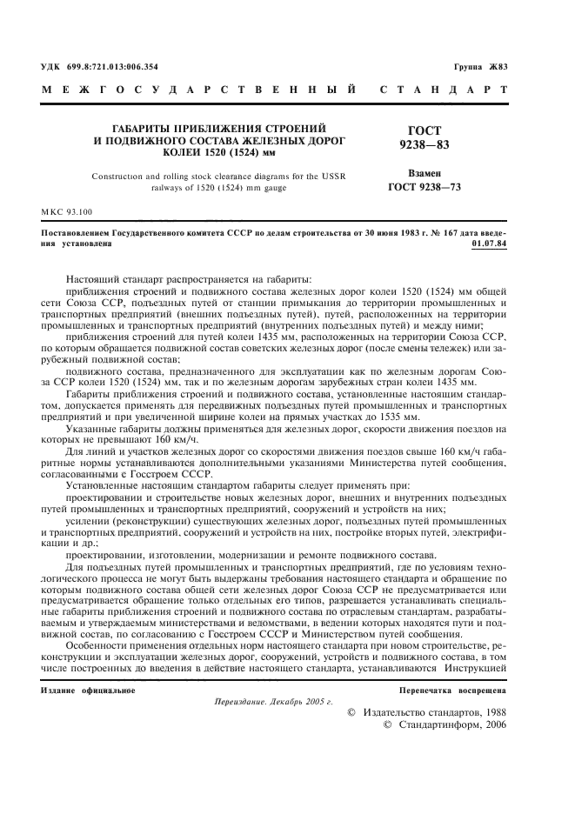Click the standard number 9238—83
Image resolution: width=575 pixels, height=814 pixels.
[424, 143]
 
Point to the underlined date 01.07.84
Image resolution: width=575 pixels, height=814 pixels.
[489, 244]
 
